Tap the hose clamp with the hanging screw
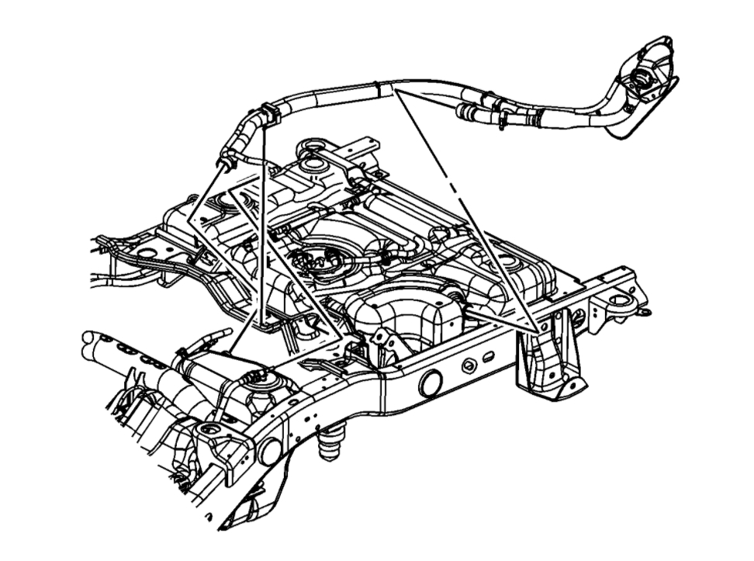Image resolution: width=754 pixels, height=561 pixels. (503, 118)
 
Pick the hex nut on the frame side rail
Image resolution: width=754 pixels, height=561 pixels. (469, 365)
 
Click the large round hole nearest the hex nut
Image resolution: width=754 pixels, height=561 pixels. (429, 383)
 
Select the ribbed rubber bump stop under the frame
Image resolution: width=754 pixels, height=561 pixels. (329, 445)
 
